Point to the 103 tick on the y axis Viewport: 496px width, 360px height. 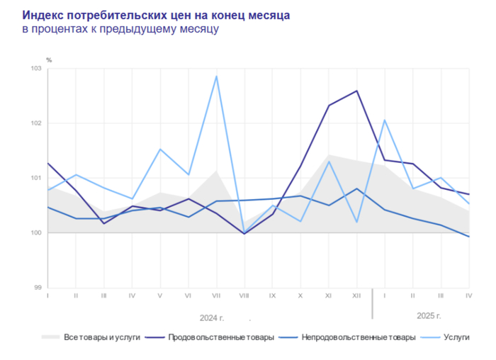[x=37, y=69]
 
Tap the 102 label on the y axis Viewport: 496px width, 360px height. [x=37, y=123]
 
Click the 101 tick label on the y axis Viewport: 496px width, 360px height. [x=37, y=178]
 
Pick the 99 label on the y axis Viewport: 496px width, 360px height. [x=38, y=288]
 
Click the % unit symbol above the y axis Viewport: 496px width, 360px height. [x=49, y=60]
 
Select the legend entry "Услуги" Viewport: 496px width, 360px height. [x=456, y=337]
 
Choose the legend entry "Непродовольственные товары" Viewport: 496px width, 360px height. [x=358, y=337]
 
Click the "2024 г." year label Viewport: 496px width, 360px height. [x=212, y=317]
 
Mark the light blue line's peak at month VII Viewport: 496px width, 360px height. [x=216, y=76]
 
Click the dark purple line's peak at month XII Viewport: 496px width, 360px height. [x=356, y=91]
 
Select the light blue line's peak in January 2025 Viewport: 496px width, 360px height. [x=384, y=120]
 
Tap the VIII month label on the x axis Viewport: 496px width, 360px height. [x=244, y=295]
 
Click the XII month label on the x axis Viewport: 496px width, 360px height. [x=356, y=295]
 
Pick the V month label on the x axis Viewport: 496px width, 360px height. [x=160, y=295]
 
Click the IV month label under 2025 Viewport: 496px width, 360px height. [x=468, y=295]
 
